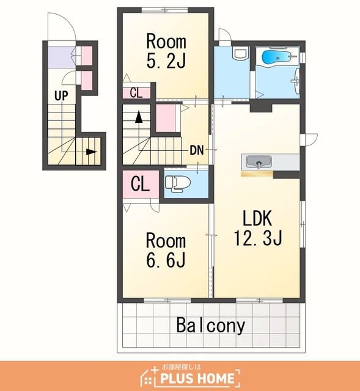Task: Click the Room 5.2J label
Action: (166, 51)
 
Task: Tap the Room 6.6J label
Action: (166, 250)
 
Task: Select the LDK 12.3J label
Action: (258, 228)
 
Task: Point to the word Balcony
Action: (211, 326)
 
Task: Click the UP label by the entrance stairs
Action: (61, 95)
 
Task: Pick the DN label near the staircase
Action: (197, 150)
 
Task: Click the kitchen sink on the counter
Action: (259, 162)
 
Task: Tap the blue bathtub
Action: (276, 57)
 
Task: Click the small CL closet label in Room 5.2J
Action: (136, 93)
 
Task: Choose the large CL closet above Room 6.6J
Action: (141, 184)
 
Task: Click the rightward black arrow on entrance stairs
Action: (92, 152)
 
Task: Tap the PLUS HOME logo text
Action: (197, 379)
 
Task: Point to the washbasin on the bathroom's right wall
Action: (296, 81)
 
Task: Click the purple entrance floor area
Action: (62, 57)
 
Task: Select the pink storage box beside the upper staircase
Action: (166, 118)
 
